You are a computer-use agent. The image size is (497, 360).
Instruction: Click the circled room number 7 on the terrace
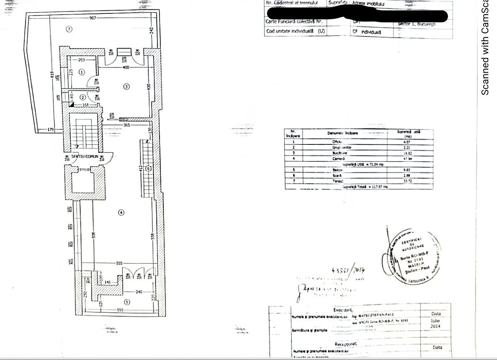tap(70, 29)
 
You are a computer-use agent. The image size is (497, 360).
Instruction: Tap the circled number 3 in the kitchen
tap(126, 87)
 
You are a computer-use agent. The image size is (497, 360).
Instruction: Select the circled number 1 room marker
tap(82, 72)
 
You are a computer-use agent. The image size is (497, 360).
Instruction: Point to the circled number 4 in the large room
tap(121, 213)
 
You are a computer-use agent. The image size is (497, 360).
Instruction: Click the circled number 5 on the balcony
tap(127, 302)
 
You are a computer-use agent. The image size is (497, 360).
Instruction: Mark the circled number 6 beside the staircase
tap(148, 168)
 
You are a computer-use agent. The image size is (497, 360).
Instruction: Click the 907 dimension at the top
tap(93, 18)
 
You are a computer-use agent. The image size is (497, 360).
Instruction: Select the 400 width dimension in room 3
tap(126, 67)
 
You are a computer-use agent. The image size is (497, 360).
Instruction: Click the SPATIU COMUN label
tap(85, 156)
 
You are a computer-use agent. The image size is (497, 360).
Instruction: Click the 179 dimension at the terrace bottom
tap(51, 129)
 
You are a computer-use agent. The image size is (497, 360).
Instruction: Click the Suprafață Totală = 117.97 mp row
tap(365, 187)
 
